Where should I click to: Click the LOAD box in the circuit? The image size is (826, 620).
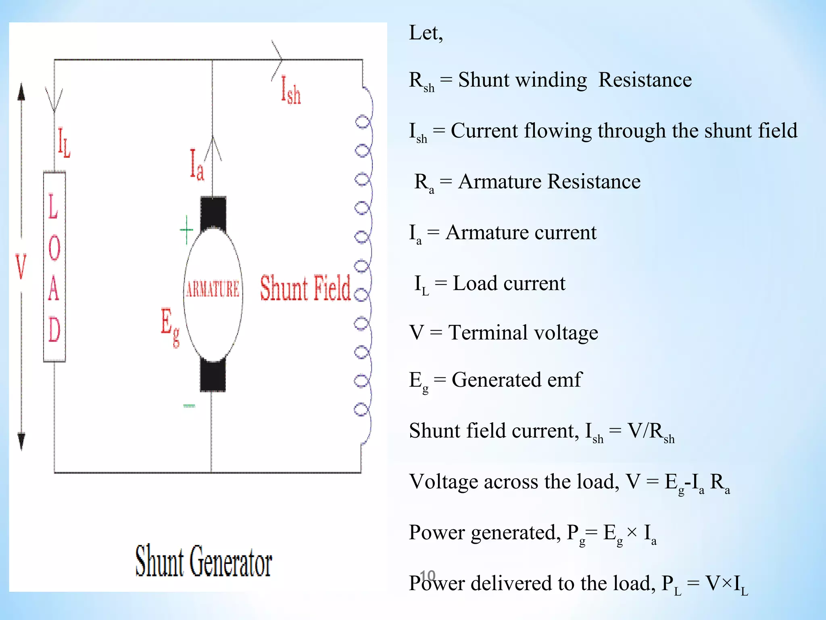click(54, 267)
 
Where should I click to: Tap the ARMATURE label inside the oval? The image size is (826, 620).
click(213, 289)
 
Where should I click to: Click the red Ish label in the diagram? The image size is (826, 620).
click(291, 90)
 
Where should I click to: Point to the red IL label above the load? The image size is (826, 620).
click(64, 142)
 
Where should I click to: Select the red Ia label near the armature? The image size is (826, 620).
click(197, 165)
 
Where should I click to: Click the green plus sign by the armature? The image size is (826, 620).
click(186, 230)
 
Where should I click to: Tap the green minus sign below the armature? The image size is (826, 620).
click(189, 406)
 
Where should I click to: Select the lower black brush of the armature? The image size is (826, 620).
click(213, 375)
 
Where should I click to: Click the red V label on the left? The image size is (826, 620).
click(21, 267)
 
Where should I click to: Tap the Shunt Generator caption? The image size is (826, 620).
click(203, 561)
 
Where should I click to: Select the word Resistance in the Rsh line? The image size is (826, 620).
click(645, 80)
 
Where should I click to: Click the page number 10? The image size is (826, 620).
click(428, 576)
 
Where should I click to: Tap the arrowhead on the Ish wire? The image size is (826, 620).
click(277, 60)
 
